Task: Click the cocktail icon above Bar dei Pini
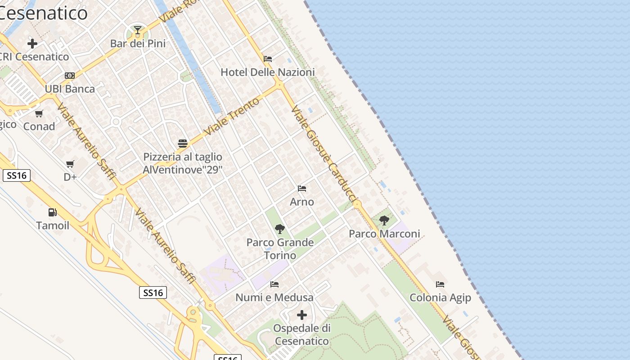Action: [x=138, y=31]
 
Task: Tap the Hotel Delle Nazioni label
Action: [x=267, y=72]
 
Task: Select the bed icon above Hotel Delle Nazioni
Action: [x=268, y=58]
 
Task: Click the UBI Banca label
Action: [x=70, y=89]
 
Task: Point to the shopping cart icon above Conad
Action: [x=39, y=113]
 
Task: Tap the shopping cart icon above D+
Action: [x=70, y=164]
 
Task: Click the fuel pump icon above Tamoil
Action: [x=53, y=212]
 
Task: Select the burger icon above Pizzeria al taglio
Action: [x=183, y=144]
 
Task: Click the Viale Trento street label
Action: [x=232, y=116]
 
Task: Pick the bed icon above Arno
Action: [x=302, y=189]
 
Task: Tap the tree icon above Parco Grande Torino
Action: [x=280, y=229]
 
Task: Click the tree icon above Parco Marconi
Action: [x=384, y=220]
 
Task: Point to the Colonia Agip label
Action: [x=440, y=297]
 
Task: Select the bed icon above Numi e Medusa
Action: [x=274, y=284]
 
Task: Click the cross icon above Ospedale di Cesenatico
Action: [x=302, y=315]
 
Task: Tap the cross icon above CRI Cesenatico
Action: [x=32, y=44]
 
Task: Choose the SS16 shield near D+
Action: [x=17, y=175]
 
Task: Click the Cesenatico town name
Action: [x=44, y=13]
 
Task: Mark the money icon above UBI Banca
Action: [x=70, y=76]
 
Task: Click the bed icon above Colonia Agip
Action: [x=440, y=284]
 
